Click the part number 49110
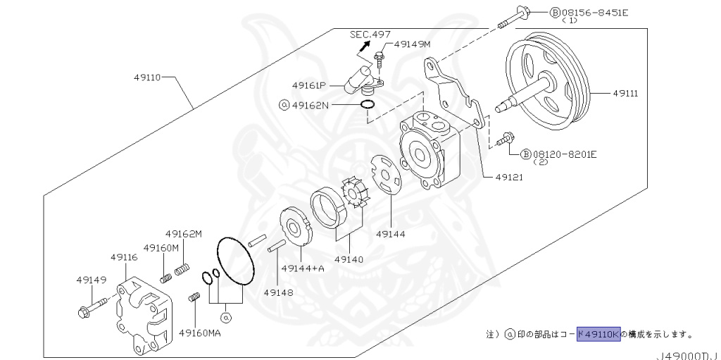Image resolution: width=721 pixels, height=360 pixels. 148,77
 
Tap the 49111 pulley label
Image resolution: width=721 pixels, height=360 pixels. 625,93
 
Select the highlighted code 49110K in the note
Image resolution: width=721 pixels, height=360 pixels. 598,334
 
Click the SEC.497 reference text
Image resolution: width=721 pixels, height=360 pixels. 370,34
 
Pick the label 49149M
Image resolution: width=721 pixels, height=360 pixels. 412,44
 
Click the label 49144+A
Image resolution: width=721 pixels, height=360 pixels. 303,268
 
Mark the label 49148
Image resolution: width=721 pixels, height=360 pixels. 279,292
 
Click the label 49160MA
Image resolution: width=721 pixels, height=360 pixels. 200,333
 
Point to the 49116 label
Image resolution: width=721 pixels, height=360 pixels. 124,258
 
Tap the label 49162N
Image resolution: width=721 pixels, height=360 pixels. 311,105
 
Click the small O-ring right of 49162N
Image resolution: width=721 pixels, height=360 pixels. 367,105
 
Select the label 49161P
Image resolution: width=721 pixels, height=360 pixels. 310,85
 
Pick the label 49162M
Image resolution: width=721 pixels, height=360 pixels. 184,234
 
